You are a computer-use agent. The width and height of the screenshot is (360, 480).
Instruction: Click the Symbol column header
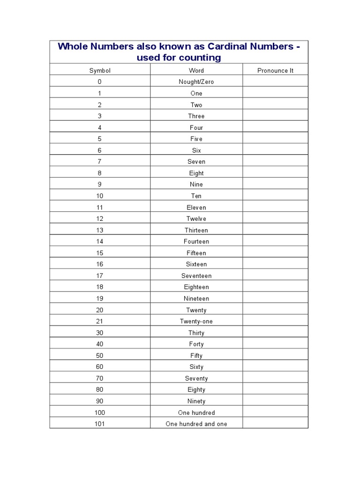click(x=100, y=70)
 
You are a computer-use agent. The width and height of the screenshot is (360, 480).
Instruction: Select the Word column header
click(x=196, y=70)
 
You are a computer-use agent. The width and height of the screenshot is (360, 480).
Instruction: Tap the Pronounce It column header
click(x=275, y=70)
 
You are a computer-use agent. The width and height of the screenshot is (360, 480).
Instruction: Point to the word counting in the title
click(x=200, y=58)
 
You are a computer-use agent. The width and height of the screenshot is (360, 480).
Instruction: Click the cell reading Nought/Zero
click(x=196, y=82)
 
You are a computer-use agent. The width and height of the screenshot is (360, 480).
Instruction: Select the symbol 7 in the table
click(x=100, y=161)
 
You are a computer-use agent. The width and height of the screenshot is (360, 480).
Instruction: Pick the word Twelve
click(x=196, y=218)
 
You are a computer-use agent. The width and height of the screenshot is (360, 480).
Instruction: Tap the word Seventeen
click(x=196, y=276)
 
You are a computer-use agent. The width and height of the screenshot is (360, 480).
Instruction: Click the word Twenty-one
click(x=196, y=321)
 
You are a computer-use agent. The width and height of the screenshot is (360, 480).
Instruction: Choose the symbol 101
click(x=100, y=424)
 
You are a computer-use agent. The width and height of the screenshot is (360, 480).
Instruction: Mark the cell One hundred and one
click(x=196, y=424)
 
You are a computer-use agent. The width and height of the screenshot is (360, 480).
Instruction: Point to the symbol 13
click(x=100, y=230)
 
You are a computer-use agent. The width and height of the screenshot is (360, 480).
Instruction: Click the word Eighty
click(x=196, y=390)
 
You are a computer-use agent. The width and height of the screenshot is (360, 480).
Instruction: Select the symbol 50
click(x=100, y=355)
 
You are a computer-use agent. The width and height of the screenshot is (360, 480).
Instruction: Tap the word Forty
click(x=196, y=344)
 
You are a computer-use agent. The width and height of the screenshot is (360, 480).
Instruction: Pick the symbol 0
click(x=100, y=82)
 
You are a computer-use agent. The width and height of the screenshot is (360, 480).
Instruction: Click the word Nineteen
click(x=196, y=299)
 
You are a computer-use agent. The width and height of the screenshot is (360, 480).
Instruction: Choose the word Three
click(x=196, y=116)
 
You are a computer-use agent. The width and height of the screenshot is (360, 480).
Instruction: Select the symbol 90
click(x=100, y=401)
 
